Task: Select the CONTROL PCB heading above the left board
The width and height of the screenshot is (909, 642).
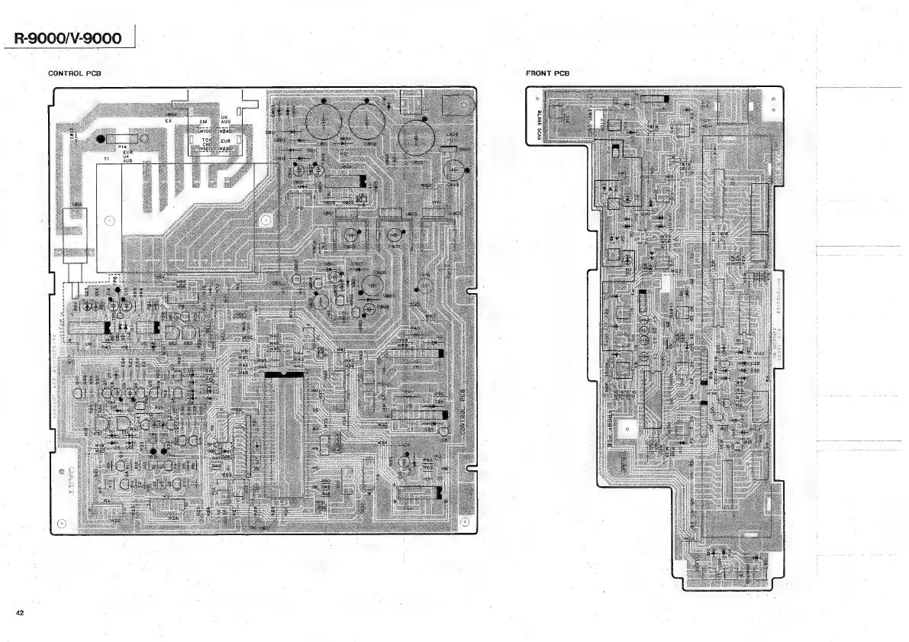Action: [75, 73]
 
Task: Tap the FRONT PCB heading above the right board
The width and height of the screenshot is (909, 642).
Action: [547, 73]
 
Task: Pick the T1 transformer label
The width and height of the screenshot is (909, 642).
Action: [106, 158]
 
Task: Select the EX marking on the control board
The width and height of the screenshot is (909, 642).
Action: [168, 121]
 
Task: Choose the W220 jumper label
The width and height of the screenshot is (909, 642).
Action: [226, 149]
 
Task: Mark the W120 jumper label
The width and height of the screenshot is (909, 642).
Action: [206, 149]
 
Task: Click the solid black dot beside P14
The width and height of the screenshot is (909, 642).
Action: [101, 139]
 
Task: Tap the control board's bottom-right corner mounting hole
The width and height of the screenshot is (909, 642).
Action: [465, 523]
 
